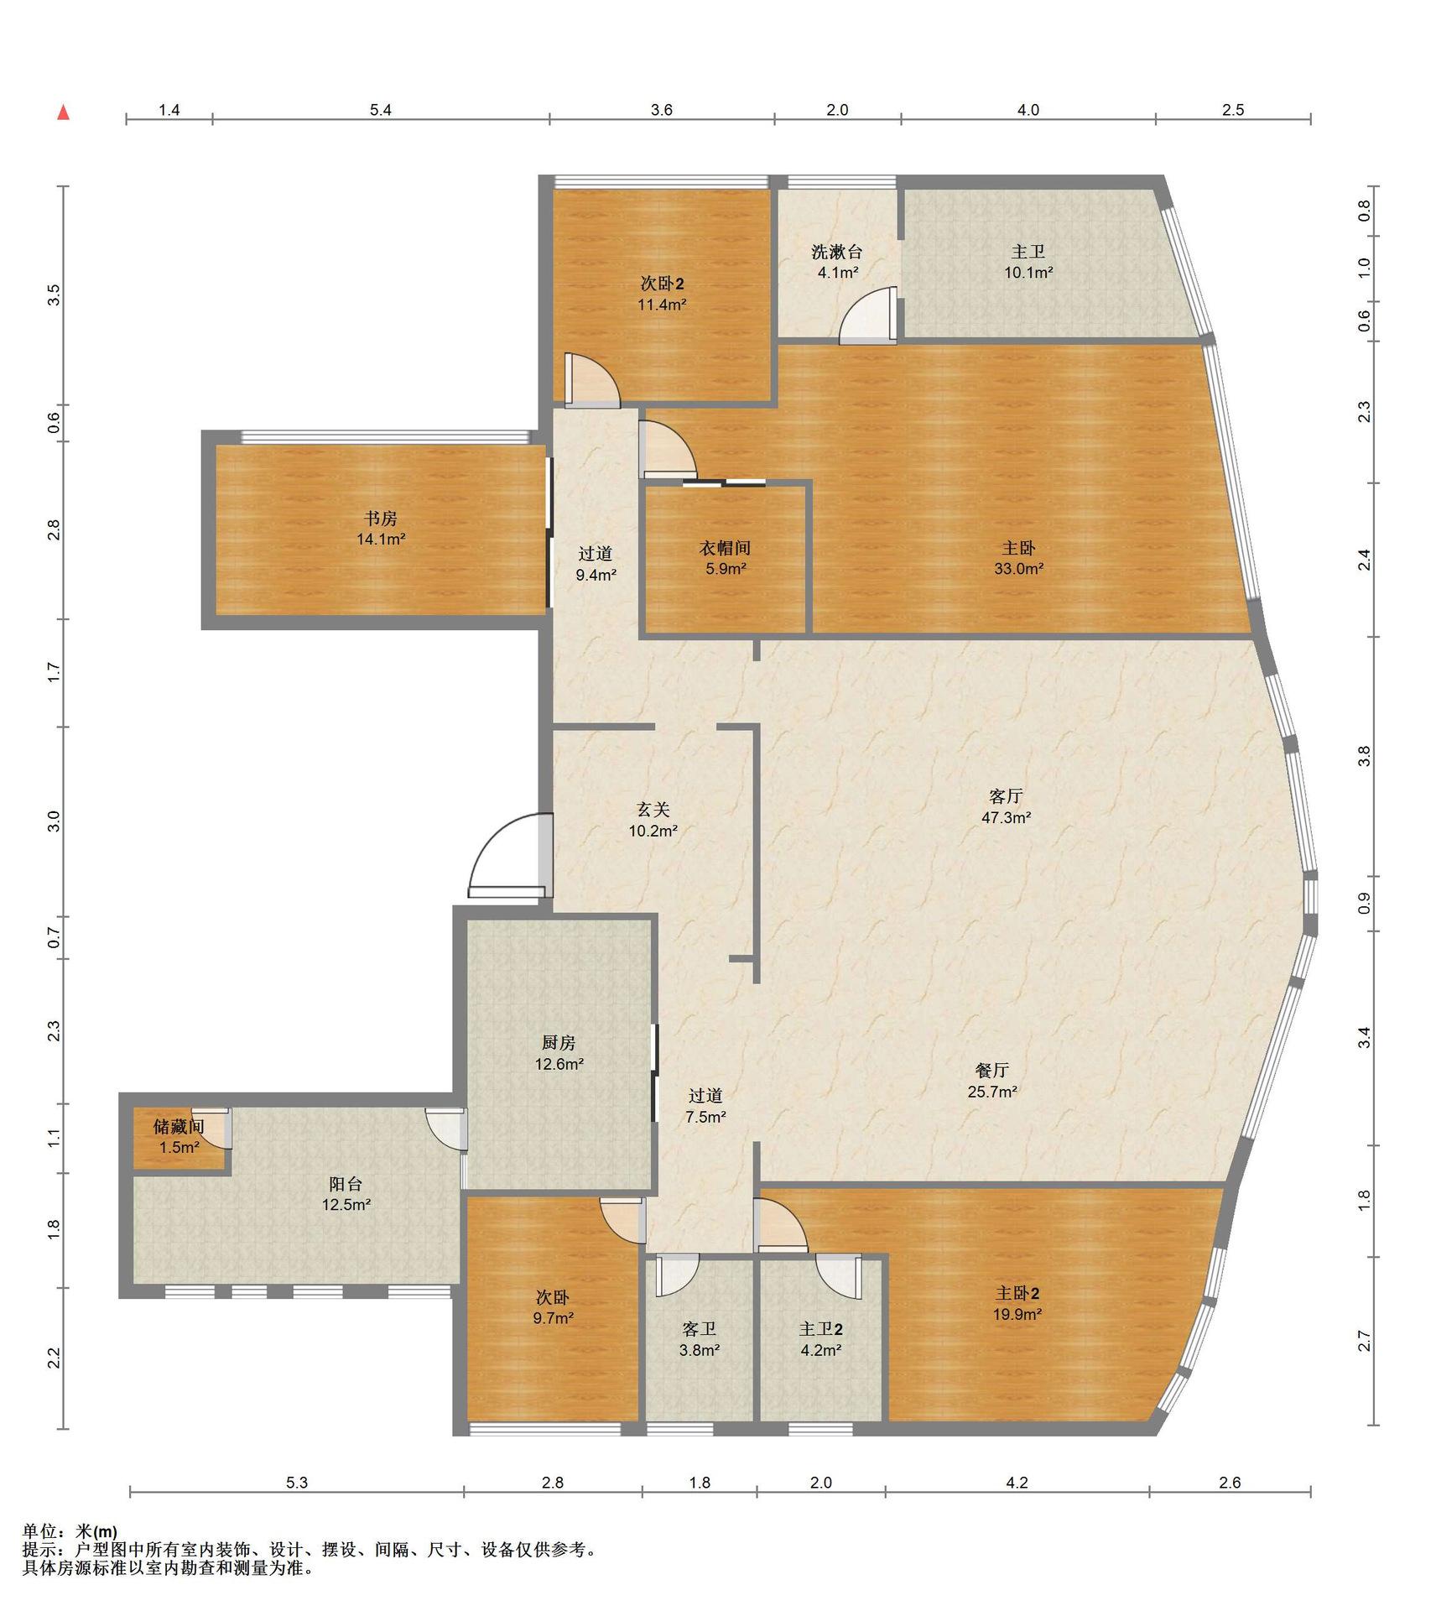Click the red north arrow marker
(63, 112)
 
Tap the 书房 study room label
(381, 519)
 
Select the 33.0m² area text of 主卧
(1018, 568)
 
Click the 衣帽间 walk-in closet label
(725, 548)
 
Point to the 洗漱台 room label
(836, 251)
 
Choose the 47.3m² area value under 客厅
(1006, 816)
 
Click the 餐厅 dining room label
(991, 1070)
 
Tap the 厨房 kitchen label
(559, 1042)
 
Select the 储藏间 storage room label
(179, 1127)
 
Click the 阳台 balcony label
(346, 1184)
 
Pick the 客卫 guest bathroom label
(699, 1329)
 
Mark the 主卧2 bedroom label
(1017, 1293)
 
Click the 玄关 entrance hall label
(653, 810)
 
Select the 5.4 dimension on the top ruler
(381, 110)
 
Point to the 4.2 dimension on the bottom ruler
(1017, 1483)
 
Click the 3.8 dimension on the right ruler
(1365, 756)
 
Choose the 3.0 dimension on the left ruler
(54, 821)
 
